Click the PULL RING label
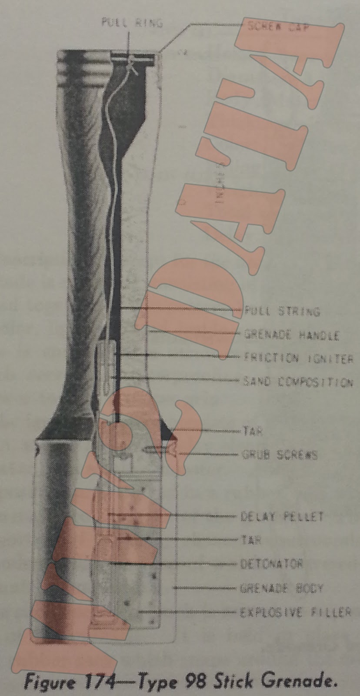click(132, 22)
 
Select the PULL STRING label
click(282, 311)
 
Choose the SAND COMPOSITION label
click(297, 382)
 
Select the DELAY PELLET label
click(282, 517)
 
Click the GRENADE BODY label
click(282, 589)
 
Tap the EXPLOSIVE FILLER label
click(296, 612)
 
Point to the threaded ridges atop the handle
click(83, 65)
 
